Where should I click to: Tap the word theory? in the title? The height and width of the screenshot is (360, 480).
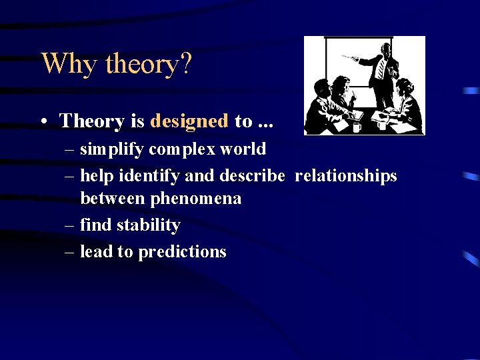click(x=148, y=64)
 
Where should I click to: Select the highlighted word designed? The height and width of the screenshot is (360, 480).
click(x=189, y=121)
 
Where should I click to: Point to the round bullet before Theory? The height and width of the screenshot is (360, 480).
click(x=43, y=121)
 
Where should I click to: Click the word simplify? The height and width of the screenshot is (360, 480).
click(x=112, y=149)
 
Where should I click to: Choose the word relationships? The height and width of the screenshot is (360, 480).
click(x=345, y=176)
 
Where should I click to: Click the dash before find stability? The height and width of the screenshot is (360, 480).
click(x=70, y=226)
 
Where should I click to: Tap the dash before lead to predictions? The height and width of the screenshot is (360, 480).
click(x=70, y=252)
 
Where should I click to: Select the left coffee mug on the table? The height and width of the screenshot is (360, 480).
click(x=357, y=126)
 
